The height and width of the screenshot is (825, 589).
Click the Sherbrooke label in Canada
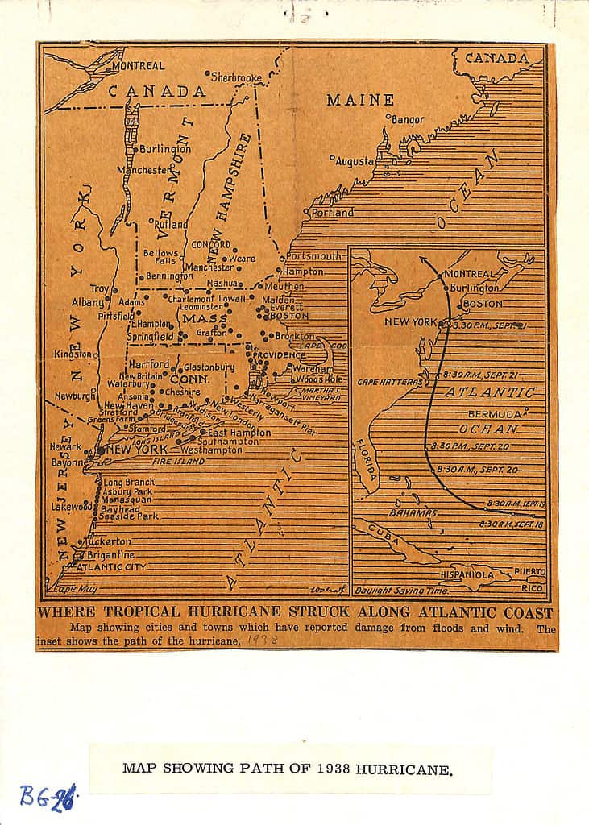[x=236, y=77]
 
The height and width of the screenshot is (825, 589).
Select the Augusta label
[x=355, y=160]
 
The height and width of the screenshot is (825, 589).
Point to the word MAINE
[x=360, y=101]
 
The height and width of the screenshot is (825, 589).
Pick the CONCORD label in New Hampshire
[x=211, y=244]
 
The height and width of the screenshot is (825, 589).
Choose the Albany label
[x=87, y=302]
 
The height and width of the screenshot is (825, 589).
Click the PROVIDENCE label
[x=276, y=354]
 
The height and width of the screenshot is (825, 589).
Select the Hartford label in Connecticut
[x=149, y=364]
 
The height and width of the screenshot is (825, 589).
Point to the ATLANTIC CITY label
[x=106, y=566]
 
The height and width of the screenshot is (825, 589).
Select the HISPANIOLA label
[x=467, y=575]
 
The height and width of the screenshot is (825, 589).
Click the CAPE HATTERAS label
[x=390, y=382]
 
